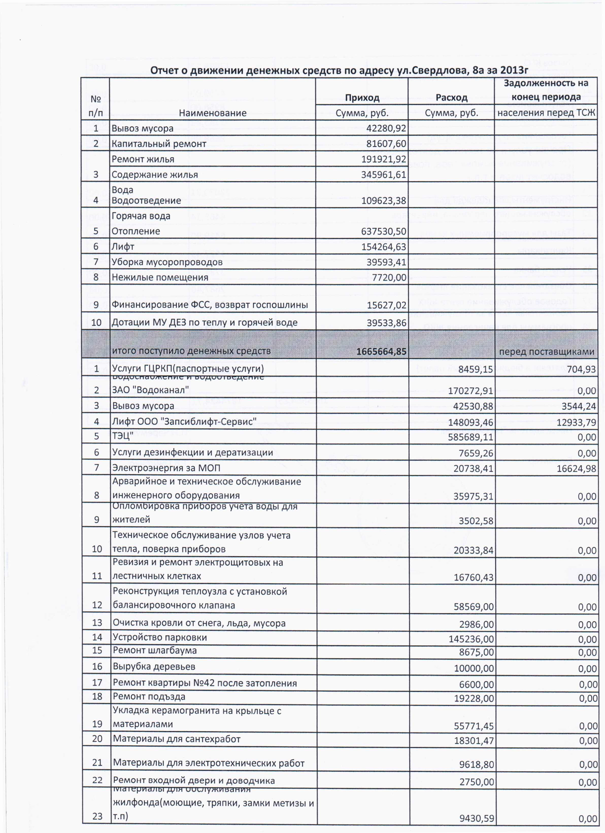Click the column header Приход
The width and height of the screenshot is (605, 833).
pos(362,98)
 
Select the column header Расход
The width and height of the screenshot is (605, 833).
pos(451,98)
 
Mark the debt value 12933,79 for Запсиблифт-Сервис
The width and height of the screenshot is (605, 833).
pos(576,422)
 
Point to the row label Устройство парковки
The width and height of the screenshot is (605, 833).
pos(160,637)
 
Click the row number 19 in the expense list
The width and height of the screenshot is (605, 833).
pos(97,724)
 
